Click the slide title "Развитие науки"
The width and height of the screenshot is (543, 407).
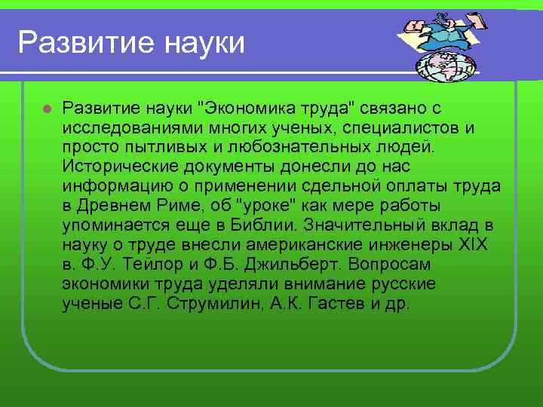coord(131,42)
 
